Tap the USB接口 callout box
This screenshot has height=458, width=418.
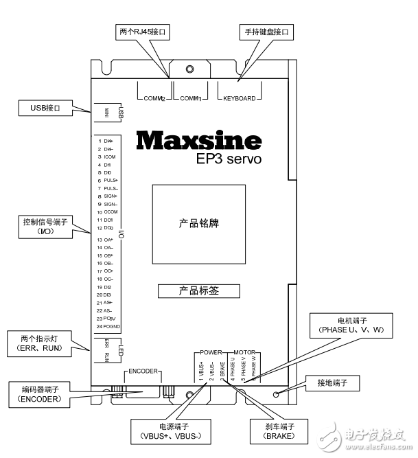(46, 108)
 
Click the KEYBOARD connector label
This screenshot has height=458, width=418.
(239, 98)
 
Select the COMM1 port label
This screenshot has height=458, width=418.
(190, 98)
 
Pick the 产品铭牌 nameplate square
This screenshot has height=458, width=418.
(198, 224)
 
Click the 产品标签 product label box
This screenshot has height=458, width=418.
(198, 290)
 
